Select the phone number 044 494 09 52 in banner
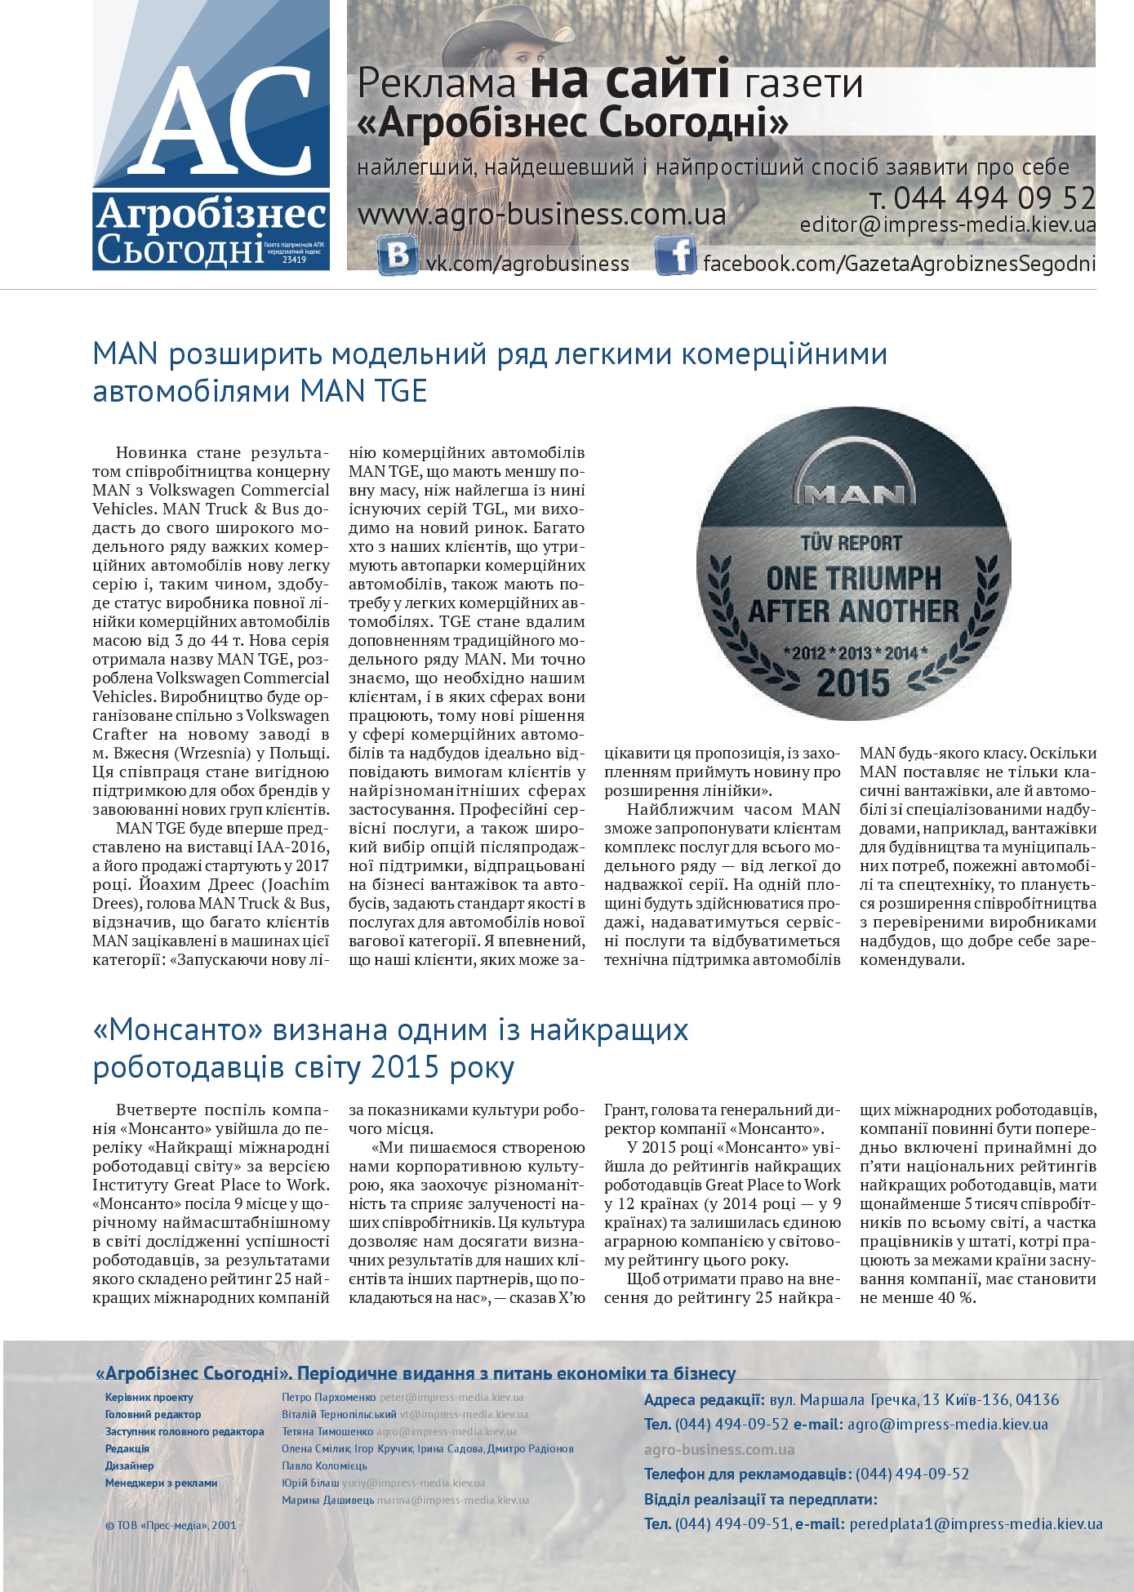(x=994, y=198)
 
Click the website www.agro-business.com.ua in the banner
(x=541, y=215)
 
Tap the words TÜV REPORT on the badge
(x=852, y=544)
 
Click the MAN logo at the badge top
(x=853, y=491)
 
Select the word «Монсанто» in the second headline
(x=178, y=1030)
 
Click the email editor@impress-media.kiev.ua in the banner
(x=947, y=225)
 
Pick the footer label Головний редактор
(x=153, y=1415)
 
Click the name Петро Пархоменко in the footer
(x=328, y=1398)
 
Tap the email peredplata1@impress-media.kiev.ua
(x=976, y=1524)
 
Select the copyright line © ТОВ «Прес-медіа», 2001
(x=171, y=1525)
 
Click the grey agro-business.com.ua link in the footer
(x=718, y=1450)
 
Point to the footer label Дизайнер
(x=129, y=1465)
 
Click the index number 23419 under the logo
(x=294, y=260)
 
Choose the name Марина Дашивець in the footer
(x=327, y=1500)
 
